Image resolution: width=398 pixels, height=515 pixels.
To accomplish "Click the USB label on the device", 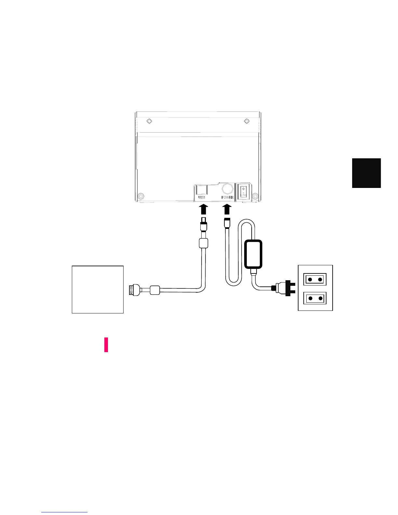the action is tap(202, 197).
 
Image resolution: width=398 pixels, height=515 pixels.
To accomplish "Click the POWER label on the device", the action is tap(227, 197).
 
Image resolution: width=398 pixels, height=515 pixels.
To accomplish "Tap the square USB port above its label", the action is tap(202, 189).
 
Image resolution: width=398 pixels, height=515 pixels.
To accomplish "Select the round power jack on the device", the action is tap(227, 189).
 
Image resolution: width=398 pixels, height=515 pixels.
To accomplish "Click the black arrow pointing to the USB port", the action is tap(203, 209).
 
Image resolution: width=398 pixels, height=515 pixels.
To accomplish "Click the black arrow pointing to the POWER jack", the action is tap(227, 209).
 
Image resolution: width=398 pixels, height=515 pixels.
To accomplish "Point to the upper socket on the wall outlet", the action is tap(315, 279).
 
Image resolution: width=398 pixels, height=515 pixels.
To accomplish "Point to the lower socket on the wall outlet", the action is tap(315, 298).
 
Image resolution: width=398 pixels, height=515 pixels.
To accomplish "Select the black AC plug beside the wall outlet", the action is tap(286, 288).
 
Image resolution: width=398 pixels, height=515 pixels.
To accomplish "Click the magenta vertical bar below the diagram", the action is tap(106, 345).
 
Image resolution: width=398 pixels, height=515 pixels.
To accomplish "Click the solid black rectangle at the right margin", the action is tap(366, 173).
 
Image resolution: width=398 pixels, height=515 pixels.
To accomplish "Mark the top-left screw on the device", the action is tap(149, 121).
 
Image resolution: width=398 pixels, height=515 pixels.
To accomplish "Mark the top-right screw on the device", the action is tap(246, 121).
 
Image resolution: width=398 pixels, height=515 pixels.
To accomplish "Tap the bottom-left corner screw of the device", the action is tap(140, 196).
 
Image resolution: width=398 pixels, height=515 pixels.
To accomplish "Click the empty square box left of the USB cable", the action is tap(98, 289).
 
